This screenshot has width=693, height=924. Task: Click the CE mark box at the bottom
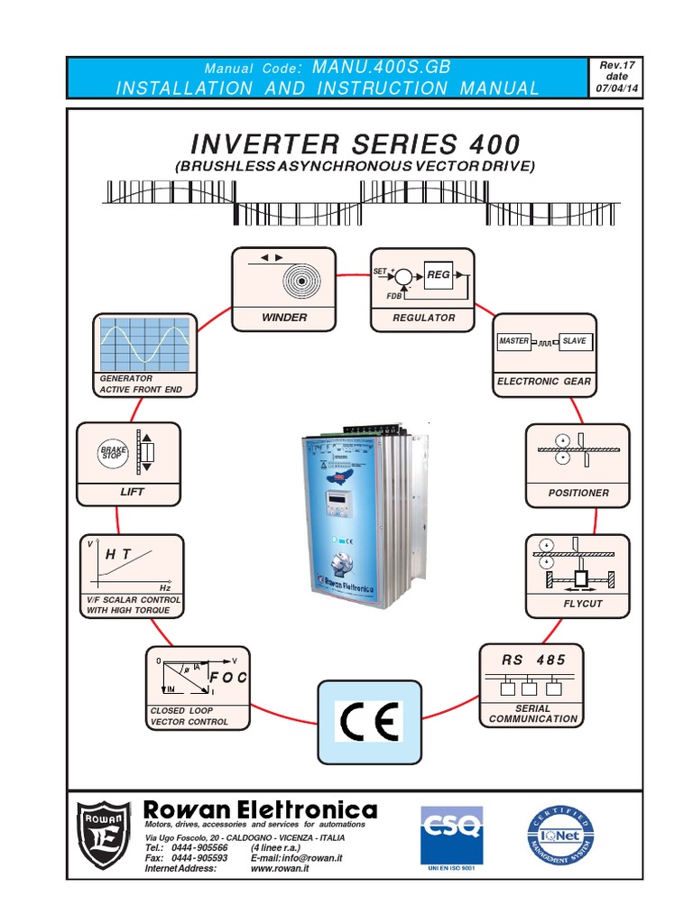[x=368, y=722]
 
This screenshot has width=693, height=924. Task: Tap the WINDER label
[x=283, y=318]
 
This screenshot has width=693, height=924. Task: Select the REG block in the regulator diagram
[x=438, y=274]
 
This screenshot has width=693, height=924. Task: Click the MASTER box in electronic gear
[x=513, y=341]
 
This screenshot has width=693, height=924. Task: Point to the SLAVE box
[x=574, y=341]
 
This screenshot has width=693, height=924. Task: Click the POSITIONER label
[x=577, y=493]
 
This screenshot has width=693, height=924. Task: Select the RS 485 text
[x=533, y=660]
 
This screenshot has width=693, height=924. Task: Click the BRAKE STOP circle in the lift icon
[x=111, y=452]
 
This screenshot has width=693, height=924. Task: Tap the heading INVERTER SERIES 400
[x=355, y=144]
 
